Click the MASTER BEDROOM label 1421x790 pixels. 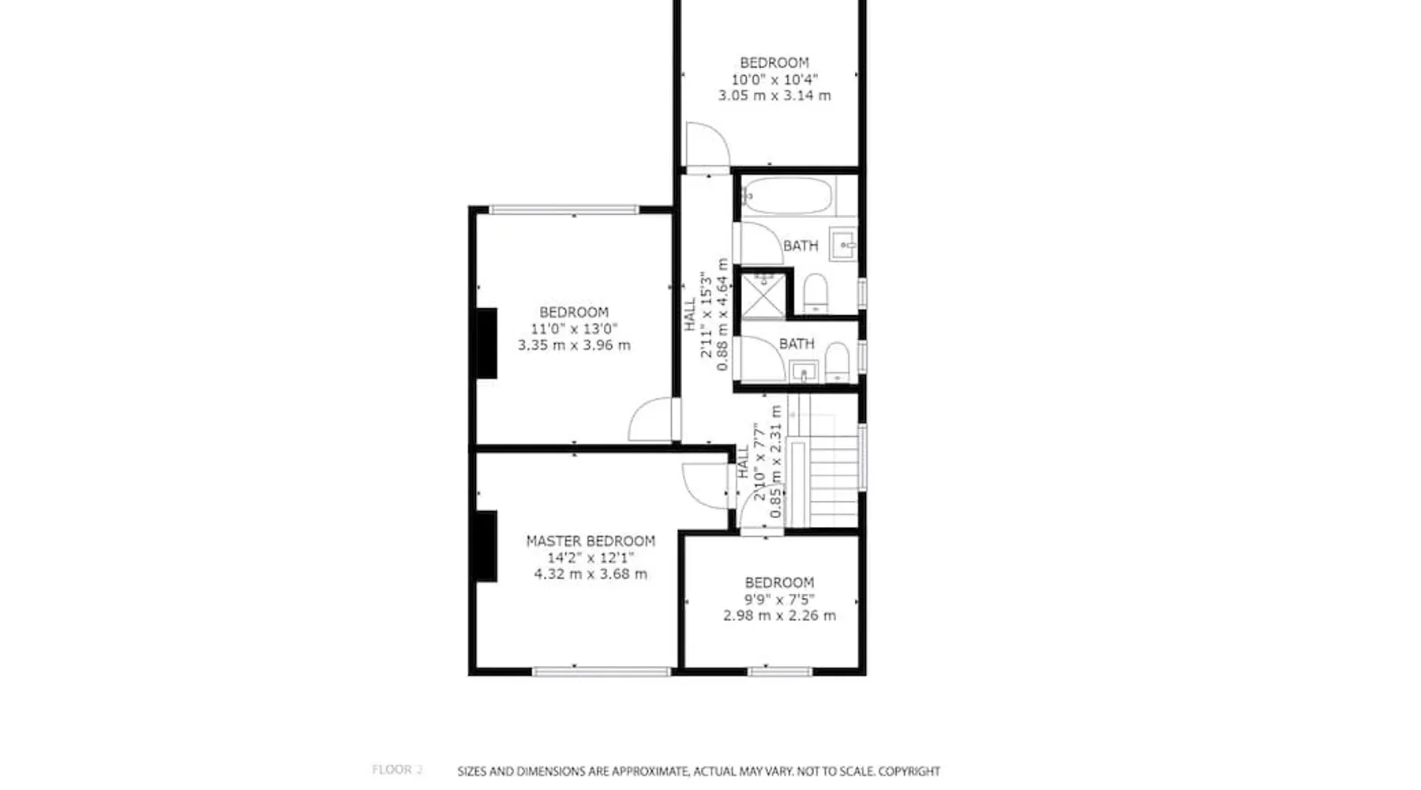pyautogui.click(x=591, y=541)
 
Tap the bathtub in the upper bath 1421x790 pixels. pyautogui.click(x=787, y=195)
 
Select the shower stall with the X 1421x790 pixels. pyautogui.click(x=763, y=295)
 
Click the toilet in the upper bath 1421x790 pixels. pyautogui.click(x=815, y=293)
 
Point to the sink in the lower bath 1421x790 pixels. pyautogui.click(x=804, y=371)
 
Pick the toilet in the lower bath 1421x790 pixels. pyautogui.click(x=837, y=363)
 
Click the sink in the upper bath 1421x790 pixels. pyautogui.click(x=844, y=245)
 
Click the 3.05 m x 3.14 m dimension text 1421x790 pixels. pyautogui.click(x=774, y=96)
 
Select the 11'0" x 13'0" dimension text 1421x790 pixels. pyautogui.click(x=574, y=329)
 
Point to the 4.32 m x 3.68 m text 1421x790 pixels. pyautogui.click(x=591, y=574)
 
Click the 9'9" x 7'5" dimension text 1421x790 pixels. pyautogui.click(x=779, y=600)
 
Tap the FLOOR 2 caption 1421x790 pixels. pyautogui.click(x=397, y=769)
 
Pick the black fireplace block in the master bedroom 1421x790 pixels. pyautogui.click(x=486, y=547)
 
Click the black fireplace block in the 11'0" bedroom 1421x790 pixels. pyautogui.click(x=486, y=343)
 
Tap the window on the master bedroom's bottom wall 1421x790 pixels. pyautogui.click(x=602, y=672)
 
